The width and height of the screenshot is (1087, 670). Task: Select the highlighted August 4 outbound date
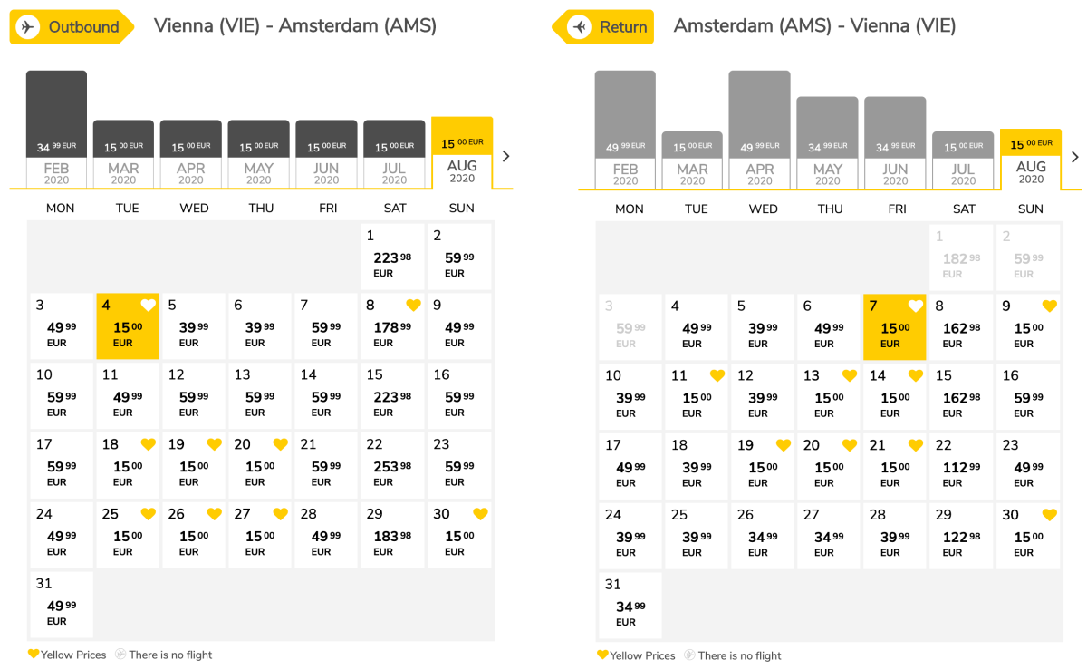coord(128,326)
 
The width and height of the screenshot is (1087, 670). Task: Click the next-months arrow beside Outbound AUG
coord(505,156)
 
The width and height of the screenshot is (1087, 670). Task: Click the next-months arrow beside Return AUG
coord(1074,157)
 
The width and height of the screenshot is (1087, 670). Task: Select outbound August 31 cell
coord(62,605)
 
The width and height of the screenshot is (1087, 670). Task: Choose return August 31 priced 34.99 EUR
coord(630,606)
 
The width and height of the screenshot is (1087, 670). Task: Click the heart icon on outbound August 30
coord(480,514)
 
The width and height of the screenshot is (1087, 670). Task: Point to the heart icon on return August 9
coord(1049,306)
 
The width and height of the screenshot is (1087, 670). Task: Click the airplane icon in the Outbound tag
coord(27,27)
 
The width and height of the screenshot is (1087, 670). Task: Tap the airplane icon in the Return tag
coord(579,27)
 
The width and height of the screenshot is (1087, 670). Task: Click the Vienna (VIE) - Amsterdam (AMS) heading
coord(295,25)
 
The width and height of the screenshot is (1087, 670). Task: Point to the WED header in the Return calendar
coord(763,209)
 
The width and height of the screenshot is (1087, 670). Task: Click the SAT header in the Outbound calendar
coord(395,208)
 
